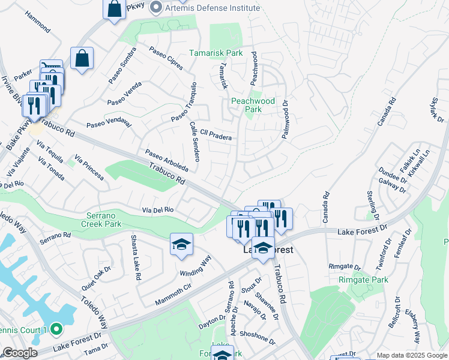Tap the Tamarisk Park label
[x=216, y=53]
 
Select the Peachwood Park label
[x=253, y=105]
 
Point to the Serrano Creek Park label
[x=101, y=220]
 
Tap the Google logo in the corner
[x=20, y=353]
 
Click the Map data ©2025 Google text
[x=412, y=355]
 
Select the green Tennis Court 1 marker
[x=56, y=329]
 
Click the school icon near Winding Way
[x=181, y=244]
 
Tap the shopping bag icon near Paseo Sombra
[x=82, y=58]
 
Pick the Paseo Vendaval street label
[x=108, y=123]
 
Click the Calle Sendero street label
[x=194, y=141]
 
